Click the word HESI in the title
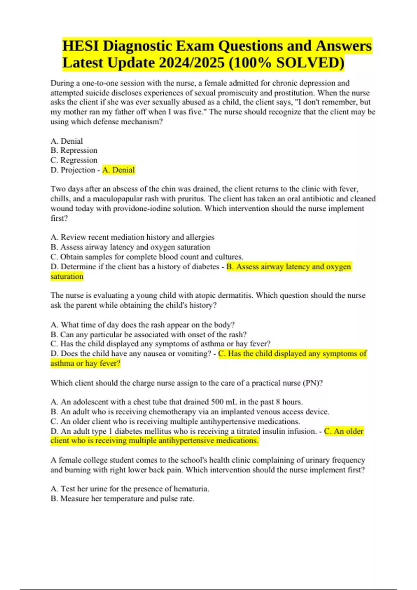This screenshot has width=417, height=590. [80, 46]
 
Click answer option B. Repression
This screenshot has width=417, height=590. [74, 150]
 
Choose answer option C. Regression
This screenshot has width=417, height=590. [74, 160]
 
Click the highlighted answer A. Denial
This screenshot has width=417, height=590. [118, 170]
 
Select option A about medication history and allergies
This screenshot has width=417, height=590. [132, 237]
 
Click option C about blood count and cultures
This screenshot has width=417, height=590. [147, 257]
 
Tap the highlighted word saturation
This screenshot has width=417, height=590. [67, 277]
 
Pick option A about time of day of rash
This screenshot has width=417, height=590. [142, 325]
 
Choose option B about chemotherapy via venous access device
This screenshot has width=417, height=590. [190, 412]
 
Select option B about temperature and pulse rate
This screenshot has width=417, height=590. [123, 499]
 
